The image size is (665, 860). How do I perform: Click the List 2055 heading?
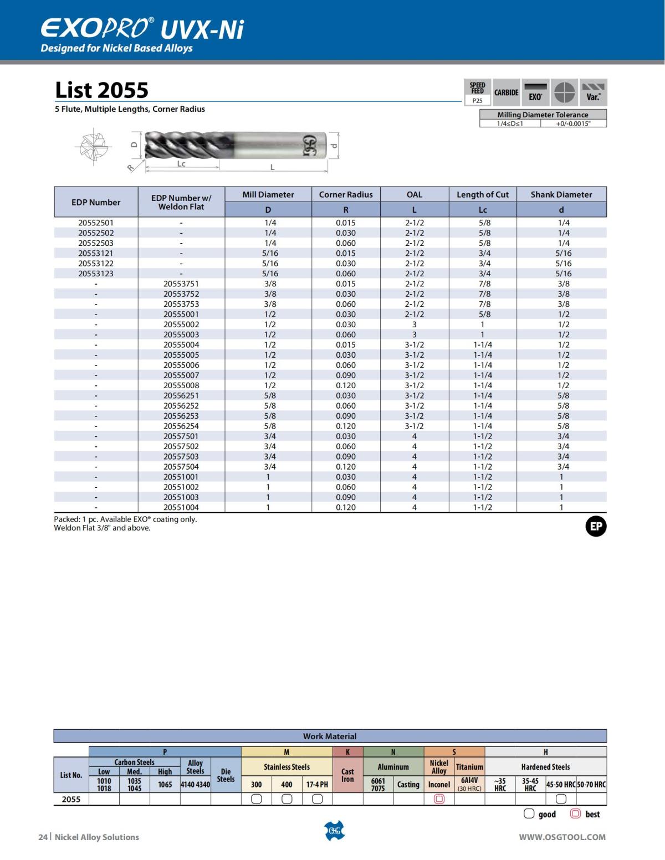click(102, 90)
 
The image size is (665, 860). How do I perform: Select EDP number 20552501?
click(96, 223)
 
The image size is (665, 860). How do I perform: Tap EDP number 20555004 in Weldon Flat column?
click(181, 344)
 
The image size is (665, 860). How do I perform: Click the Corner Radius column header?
click(346, 194)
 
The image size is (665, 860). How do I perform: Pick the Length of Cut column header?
click(482, 194)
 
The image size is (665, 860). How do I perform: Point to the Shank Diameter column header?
click(561, 194)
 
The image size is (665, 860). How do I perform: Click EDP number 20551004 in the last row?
click(181, 507)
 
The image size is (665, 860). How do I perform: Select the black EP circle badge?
click(596, 526)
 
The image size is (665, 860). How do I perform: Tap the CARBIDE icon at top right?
click(507, 92)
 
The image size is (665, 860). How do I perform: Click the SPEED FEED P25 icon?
click(477, 92)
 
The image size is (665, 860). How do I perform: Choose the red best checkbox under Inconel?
click(439, 799)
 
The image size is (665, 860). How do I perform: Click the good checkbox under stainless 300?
click(257, 799)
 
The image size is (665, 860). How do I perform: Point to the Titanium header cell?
click(469, 767)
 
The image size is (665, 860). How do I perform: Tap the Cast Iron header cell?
click(347, 775)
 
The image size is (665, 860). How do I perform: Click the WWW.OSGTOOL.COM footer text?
click(562, 837)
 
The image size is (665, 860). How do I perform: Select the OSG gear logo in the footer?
click(334, 831)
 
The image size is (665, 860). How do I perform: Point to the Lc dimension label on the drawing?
click(181, 164)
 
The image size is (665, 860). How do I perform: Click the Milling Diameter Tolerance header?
click(543, 115)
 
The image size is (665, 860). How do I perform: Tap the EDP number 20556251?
click(181, 395)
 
